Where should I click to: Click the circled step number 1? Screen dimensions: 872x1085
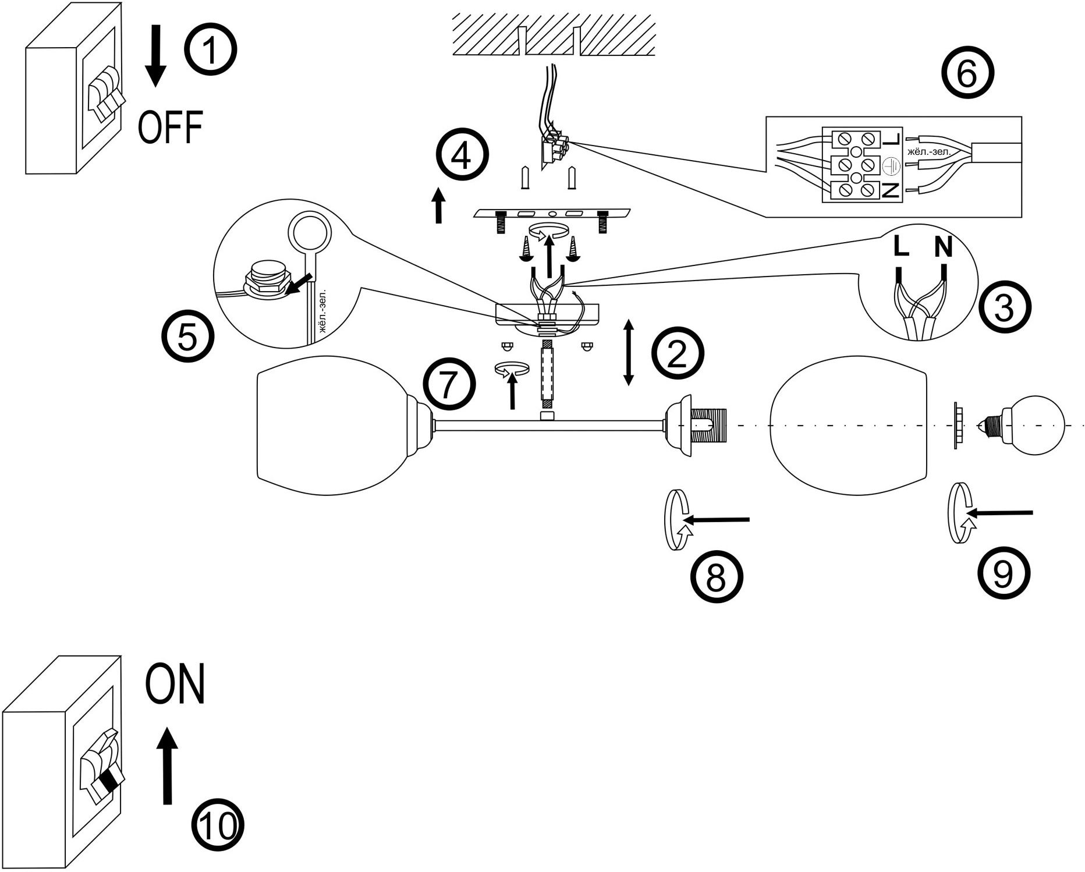pos(211,50)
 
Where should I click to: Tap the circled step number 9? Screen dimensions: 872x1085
pos(1003,574)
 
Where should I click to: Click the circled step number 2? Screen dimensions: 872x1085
pos(678,355)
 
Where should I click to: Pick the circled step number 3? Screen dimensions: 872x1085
pos(1004,309)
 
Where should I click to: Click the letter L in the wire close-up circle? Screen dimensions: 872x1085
pos(900,247)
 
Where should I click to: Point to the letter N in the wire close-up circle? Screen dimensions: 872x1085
pos(943,247)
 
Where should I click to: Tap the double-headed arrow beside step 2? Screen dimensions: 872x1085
pos(629,352)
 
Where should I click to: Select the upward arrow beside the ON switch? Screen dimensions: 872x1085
pos(168,765)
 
